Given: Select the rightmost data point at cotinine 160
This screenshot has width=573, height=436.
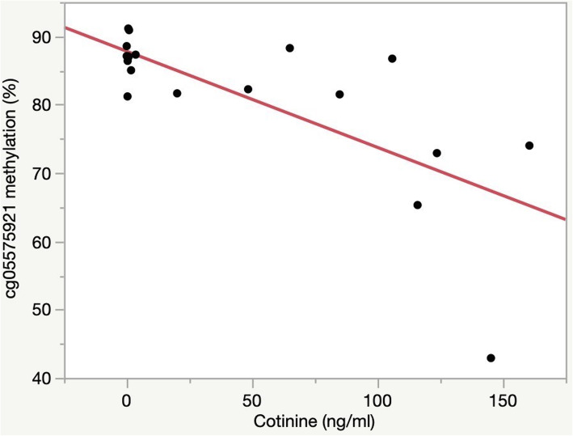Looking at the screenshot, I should (x=529, y=146).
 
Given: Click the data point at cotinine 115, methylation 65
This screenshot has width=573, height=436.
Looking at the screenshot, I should (x=417, y=205).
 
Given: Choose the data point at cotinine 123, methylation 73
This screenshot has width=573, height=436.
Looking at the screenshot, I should (x=436, y=153).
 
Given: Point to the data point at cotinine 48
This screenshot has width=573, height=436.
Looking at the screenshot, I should (x=248, y=89).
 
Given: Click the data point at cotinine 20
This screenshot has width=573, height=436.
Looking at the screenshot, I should (x=177, y=93).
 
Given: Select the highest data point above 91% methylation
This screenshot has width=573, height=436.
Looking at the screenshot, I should (x=128, y=28).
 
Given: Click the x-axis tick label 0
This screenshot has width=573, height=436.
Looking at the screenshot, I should (x=127, y=401).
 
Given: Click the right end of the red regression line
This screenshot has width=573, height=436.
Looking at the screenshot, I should (x=564, y=218).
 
